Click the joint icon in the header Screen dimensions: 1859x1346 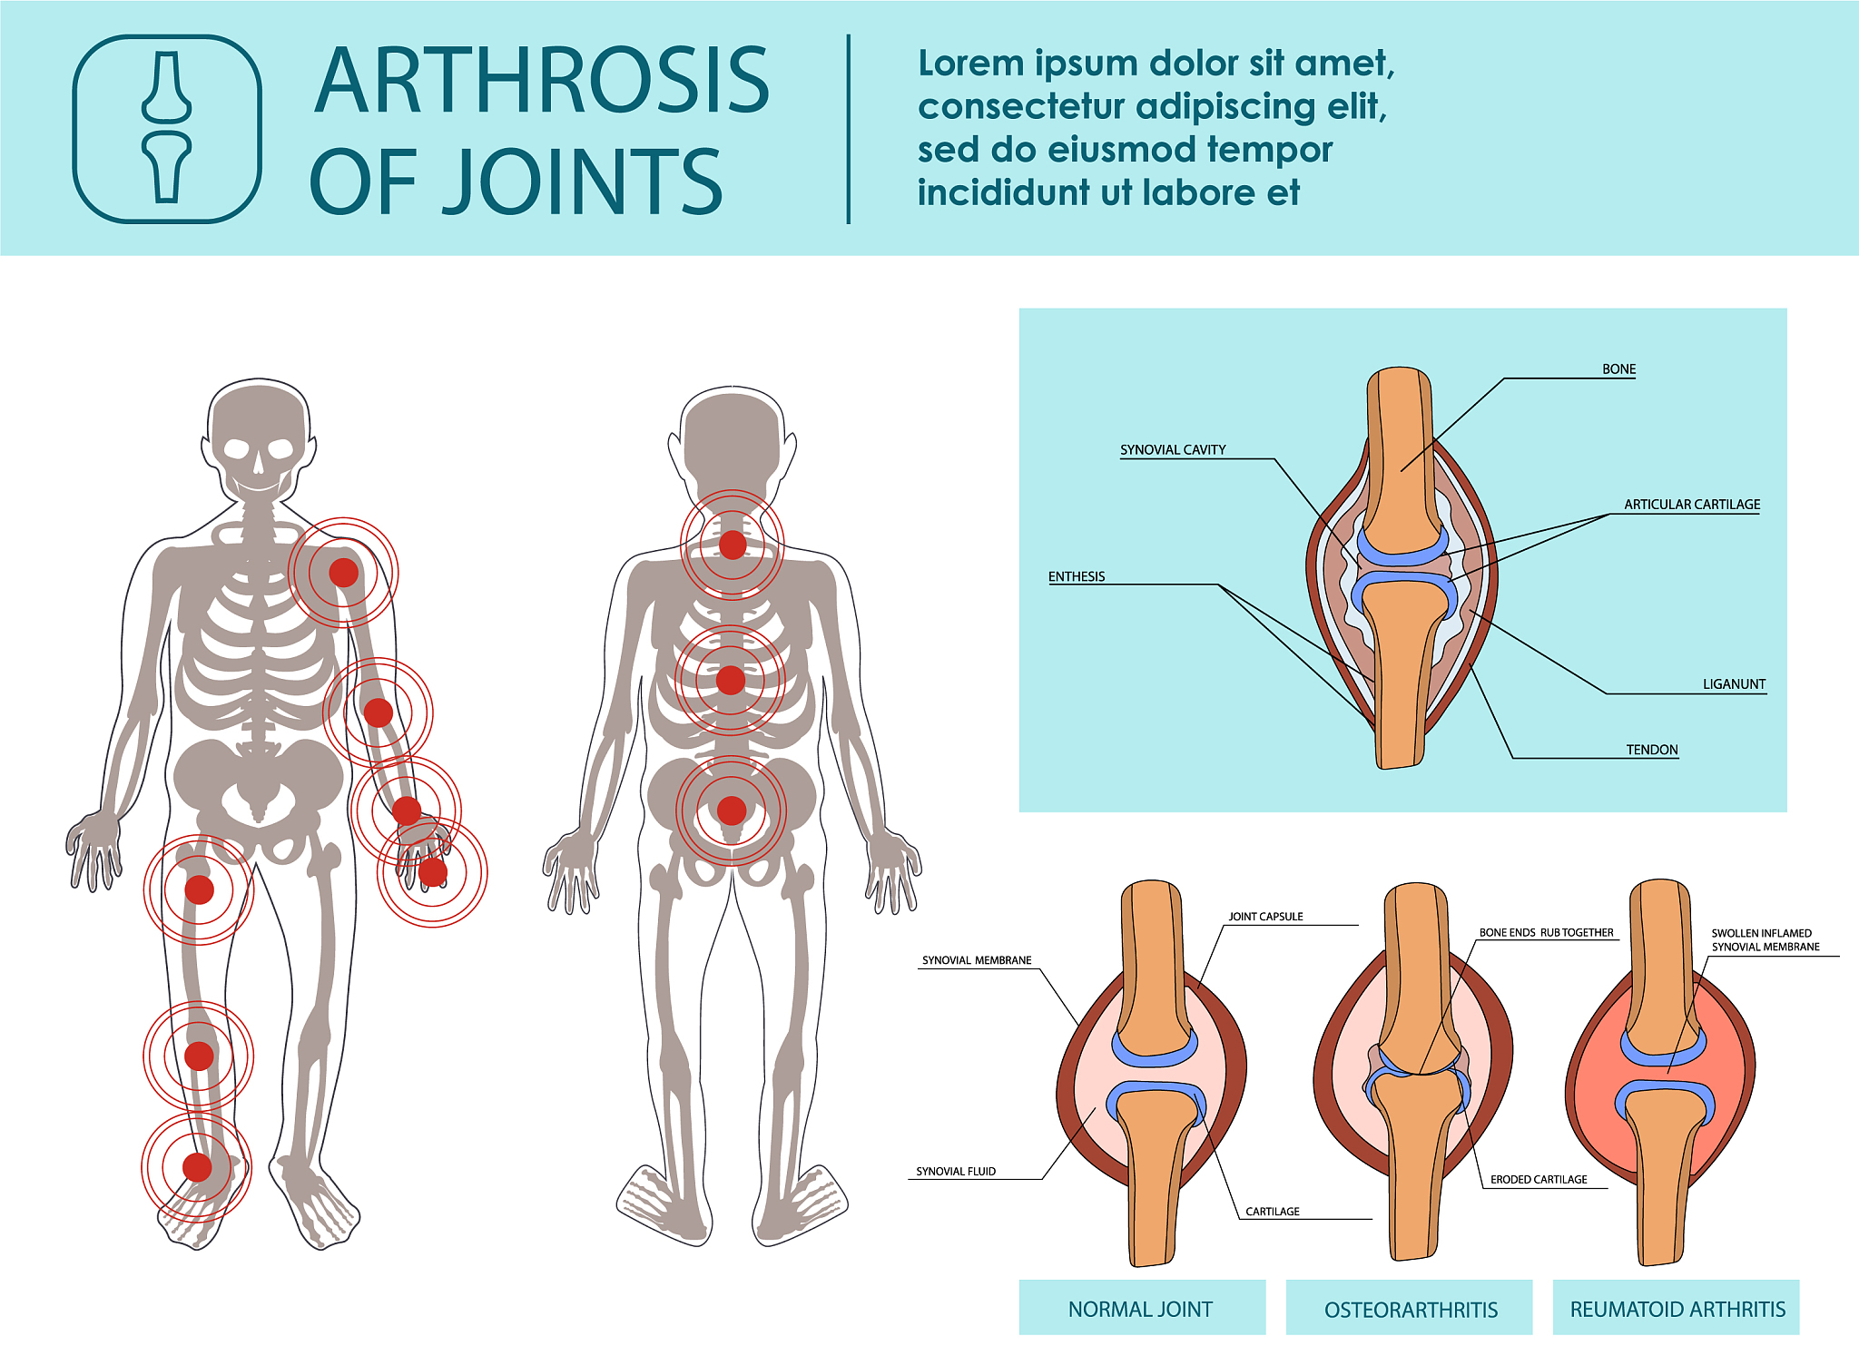[x=167, y=129]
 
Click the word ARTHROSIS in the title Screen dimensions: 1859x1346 [x=542, y=82]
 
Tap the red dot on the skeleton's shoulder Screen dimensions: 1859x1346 [x=343, y=573]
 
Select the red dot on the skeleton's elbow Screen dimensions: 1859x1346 [x=379, y=713]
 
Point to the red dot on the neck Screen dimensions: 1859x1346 [x=733, y=545]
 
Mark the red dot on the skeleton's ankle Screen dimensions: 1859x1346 [x=197, y=1167]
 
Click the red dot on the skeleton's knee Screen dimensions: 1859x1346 [x=199, y=1056]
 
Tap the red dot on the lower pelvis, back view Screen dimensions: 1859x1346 [x=732, y=811]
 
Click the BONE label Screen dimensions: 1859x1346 [x=1618, y=369]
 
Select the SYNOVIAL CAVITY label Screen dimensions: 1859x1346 [x=1173, y=450]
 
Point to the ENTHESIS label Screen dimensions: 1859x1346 [x=1077, y=576]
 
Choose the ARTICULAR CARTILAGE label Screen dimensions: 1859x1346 [x=1692, y=505]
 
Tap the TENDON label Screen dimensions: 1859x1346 [x=1652, y=750]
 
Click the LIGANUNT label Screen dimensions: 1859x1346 [x=1734, y=684]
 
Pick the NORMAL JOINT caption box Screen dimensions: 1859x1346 [x=1142, y=1308]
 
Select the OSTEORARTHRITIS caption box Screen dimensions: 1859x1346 [x=1410, y=1308]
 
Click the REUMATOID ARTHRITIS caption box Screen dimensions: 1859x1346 [x=1677, y=1308]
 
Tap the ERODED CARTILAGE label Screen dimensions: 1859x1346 [x=1539, y=1180]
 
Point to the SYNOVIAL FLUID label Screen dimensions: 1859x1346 [x=956, y=1172]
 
